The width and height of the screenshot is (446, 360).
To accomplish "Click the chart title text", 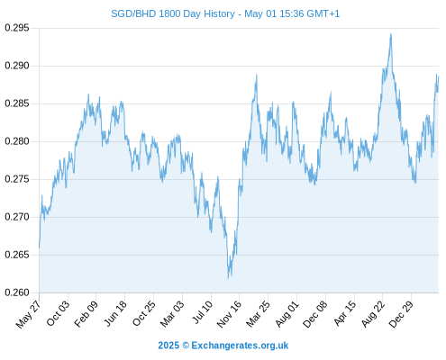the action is pyautogui.click(x=225, y=13).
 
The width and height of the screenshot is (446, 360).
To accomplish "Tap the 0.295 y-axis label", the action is pyautogui.click(x=17, y=28).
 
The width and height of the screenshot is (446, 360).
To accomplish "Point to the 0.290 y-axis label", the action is pyautogui.click(x=17, y=66).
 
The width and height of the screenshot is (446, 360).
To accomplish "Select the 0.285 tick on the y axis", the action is pyautogui.click(x=17, y=103).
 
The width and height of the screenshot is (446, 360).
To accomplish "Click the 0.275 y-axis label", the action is pyautogui.click(x=17, y=179).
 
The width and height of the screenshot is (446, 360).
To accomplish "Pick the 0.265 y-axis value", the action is pyautogui.click(x=17, y=255).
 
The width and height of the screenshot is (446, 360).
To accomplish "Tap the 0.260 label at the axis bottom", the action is pyautogui.click(x=17, y=292).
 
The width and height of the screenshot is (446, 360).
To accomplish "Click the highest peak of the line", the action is pyautogui.click(x=391, y=34).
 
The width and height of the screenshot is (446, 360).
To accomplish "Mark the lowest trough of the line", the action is pyautogui.click(x=228, y=279).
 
